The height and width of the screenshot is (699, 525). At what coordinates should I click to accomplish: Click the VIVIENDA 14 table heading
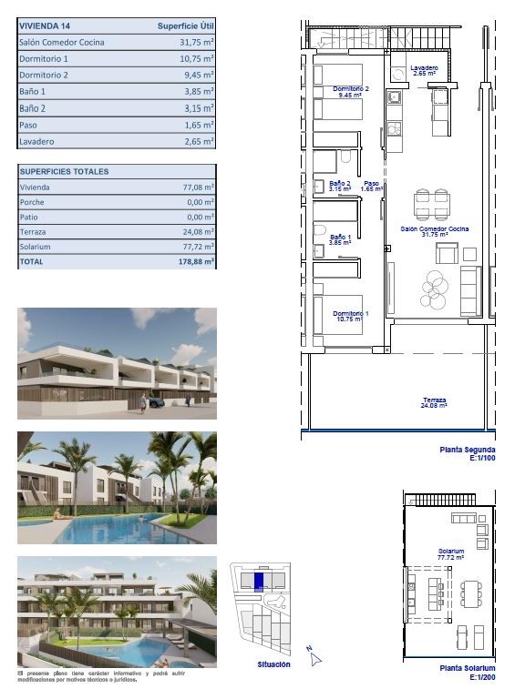[46, 26]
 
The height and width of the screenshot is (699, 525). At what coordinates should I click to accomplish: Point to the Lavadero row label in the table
[36, 142]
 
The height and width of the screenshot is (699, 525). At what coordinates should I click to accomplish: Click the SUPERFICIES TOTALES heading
[64, 171]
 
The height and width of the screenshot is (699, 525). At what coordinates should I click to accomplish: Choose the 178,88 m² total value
[193, 261]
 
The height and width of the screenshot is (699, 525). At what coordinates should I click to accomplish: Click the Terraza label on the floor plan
[434, 401]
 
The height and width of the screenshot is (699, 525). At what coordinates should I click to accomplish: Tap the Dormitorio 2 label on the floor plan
[351, 89]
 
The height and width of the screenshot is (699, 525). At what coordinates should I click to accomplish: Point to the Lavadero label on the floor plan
[424, 70]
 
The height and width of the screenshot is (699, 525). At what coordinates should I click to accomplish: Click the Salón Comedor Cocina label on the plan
[435, 229]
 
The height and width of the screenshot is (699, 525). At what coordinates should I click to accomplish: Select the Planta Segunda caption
[468, 451]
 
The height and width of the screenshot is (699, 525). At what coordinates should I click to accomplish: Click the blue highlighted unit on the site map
[258, 580]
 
